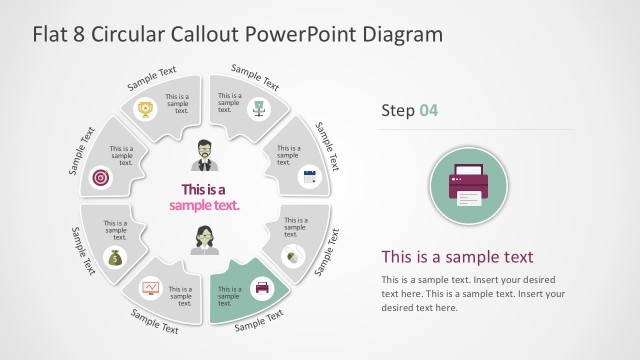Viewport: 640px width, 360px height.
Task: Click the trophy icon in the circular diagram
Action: [145, 109]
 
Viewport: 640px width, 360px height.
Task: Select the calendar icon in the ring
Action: [307, 177]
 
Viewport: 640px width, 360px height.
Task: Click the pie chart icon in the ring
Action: [293, 255]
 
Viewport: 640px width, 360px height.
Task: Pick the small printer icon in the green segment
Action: [262, 288]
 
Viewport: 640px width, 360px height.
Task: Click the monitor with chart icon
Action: [150, 289]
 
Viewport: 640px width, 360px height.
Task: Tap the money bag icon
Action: [114, 258]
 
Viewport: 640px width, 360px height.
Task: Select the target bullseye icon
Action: [100, 177]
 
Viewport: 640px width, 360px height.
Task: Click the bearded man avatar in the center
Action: [205, 154]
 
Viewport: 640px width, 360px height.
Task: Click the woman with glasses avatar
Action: [205, 241]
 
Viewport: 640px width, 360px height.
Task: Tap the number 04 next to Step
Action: [428, 110]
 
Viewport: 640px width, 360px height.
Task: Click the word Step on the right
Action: [398, 110]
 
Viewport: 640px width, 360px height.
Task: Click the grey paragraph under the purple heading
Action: [473, 293]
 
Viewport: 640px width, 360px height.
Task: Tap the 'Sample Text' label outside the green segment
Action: [258, 320]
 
